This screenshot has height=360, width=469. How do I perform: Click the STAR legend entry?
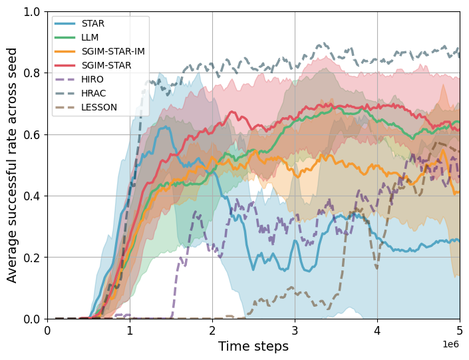(x=92, y=23)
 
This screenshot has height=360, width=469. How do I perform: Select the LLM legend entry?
(x=90, y=37)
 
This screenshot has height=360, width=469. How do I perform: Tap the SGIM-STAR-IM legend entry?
(x=112, y=51)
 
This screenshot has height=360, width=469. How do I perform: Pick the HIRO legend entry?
(x=92, y=79)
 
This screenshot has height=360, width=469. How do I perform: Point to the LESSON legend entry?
(x=98, y=107)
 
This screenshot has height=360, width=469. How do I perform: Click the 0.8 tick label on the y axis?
(x=33, y=73)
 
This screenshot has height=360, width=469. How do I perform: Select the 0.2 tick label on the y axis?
(x=33, y=258)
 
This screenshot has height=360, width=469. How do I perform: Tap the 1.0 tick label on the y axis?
(x=33, y=12)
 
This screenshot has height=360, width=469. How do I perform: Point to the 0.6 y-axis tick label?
(x=33, y=134)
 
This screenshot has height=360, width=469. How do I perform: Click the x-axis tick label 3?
(x=295, y=331)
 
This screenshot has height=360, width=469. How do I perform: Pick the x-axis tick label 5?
(x=460, y=331)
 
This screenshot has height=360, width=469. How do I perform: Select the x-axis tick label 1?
(x=130, y=331)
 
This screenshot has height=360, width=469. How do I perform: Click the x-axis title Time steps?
(x=253, y=346)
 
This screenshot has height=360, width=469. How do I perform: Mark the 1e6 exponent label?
(x=450, y=344)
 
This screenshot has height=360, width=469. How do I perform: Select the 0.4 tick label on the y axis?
(x=33, y=196)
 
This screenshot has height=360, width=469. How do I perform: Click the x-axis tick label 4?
(x=377, y=331)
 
